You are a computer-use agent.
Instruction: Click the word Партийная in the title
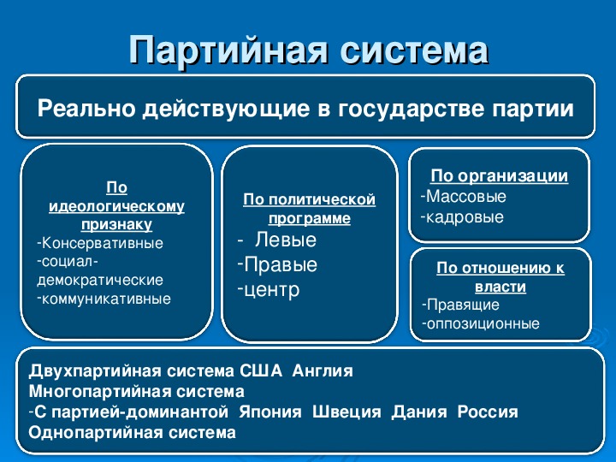click(x=228, y=50)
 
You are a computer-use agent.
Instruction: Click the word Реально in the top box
click(x=86, y=108)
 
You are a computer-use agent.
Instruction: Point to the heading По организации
click(x=500, y=175)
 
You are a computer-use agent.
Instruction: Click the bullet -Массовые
click(x=463, y=196)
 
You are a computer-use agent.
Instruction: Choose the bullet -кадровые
click(x=462, y=216)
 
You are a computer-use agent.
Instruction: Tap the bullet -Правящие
click(x=460, y=305)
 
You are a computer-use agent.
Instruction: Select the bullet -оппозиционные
click(x=481, y=323)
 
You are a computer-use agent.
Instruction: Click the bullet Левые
click(x=286, y=240)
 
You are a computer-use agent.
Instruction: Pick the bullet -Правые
click(x=277, y=264)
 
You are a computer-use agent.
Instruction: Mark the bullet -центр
click(x=269, y=289)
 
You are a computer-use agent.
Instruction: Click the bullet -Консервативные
click(x=100, y=243)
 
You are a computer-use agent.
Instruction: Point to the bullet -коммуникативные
click(x=104, y=299)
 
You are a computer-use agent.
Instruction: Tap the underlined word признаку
click(x=116, y=225)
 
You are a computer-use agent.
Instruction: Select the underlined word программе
click(x=310, y=218)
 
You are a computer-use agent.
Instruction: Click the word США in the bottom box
click(x=261, y=370)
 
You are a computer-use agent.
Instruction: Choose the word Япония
click(x=270, y=412)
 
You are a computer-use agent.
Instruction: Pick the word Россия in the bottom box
click(x=488, y=412)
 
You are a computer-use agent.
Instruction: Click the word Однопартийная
click(x=96, y=433)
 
